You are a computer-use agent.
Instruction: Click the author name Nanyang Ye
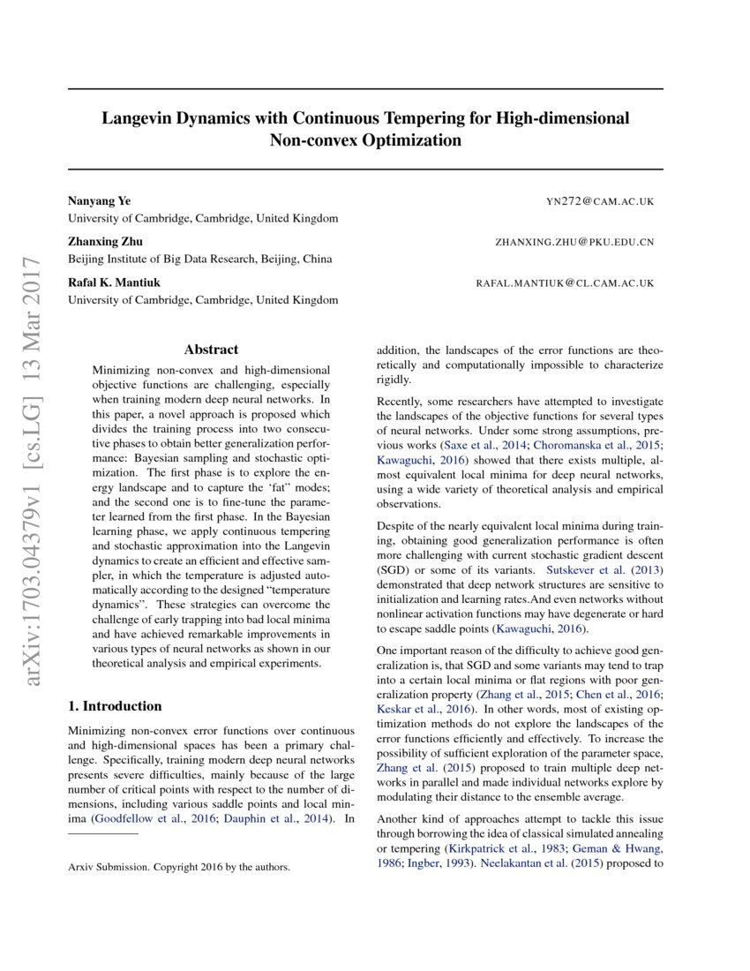(x=100, y=201)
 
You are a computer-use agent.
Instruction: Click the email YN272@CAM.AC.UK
(x=600, y=202)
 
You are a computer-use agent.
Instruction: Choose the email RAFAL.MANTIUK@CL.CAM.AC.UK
(x=565, y=283)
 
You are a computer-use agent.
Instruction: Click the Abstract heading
(x=211, y=350)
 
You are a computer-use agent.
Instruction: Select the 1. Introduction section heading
(x=115, y=706)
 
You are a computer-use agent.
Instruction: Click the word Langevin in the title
(x=140, y=117)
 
